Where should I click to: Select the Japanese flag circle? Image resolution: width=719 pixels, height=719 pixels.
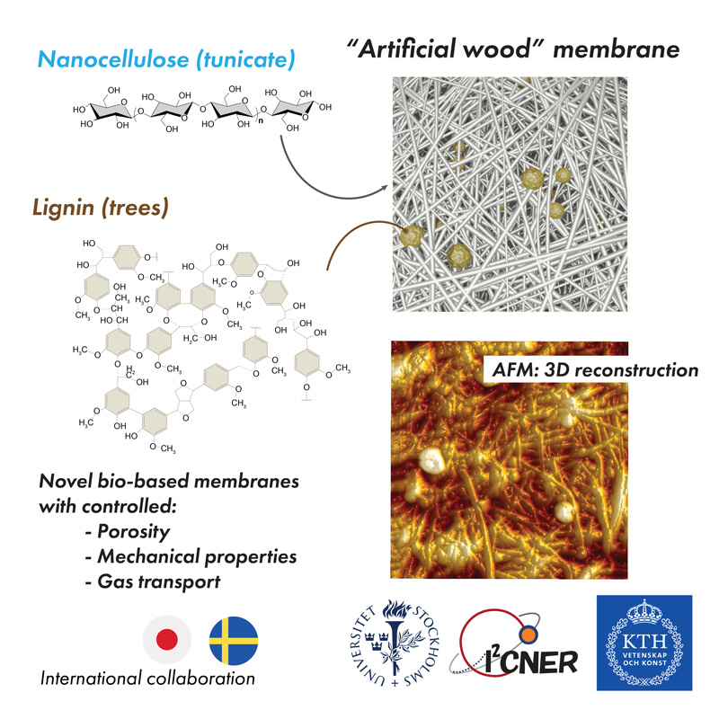tap(166, 639)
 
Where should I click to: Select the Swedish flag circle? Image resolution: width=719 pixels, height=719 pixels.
tap(233, 639)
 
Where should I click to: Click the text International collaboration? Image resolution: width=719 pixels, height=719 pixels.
tap(147, 679)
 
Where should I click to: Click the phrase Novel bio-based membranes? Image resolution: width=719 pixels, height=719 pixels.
tap(168, 482)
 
